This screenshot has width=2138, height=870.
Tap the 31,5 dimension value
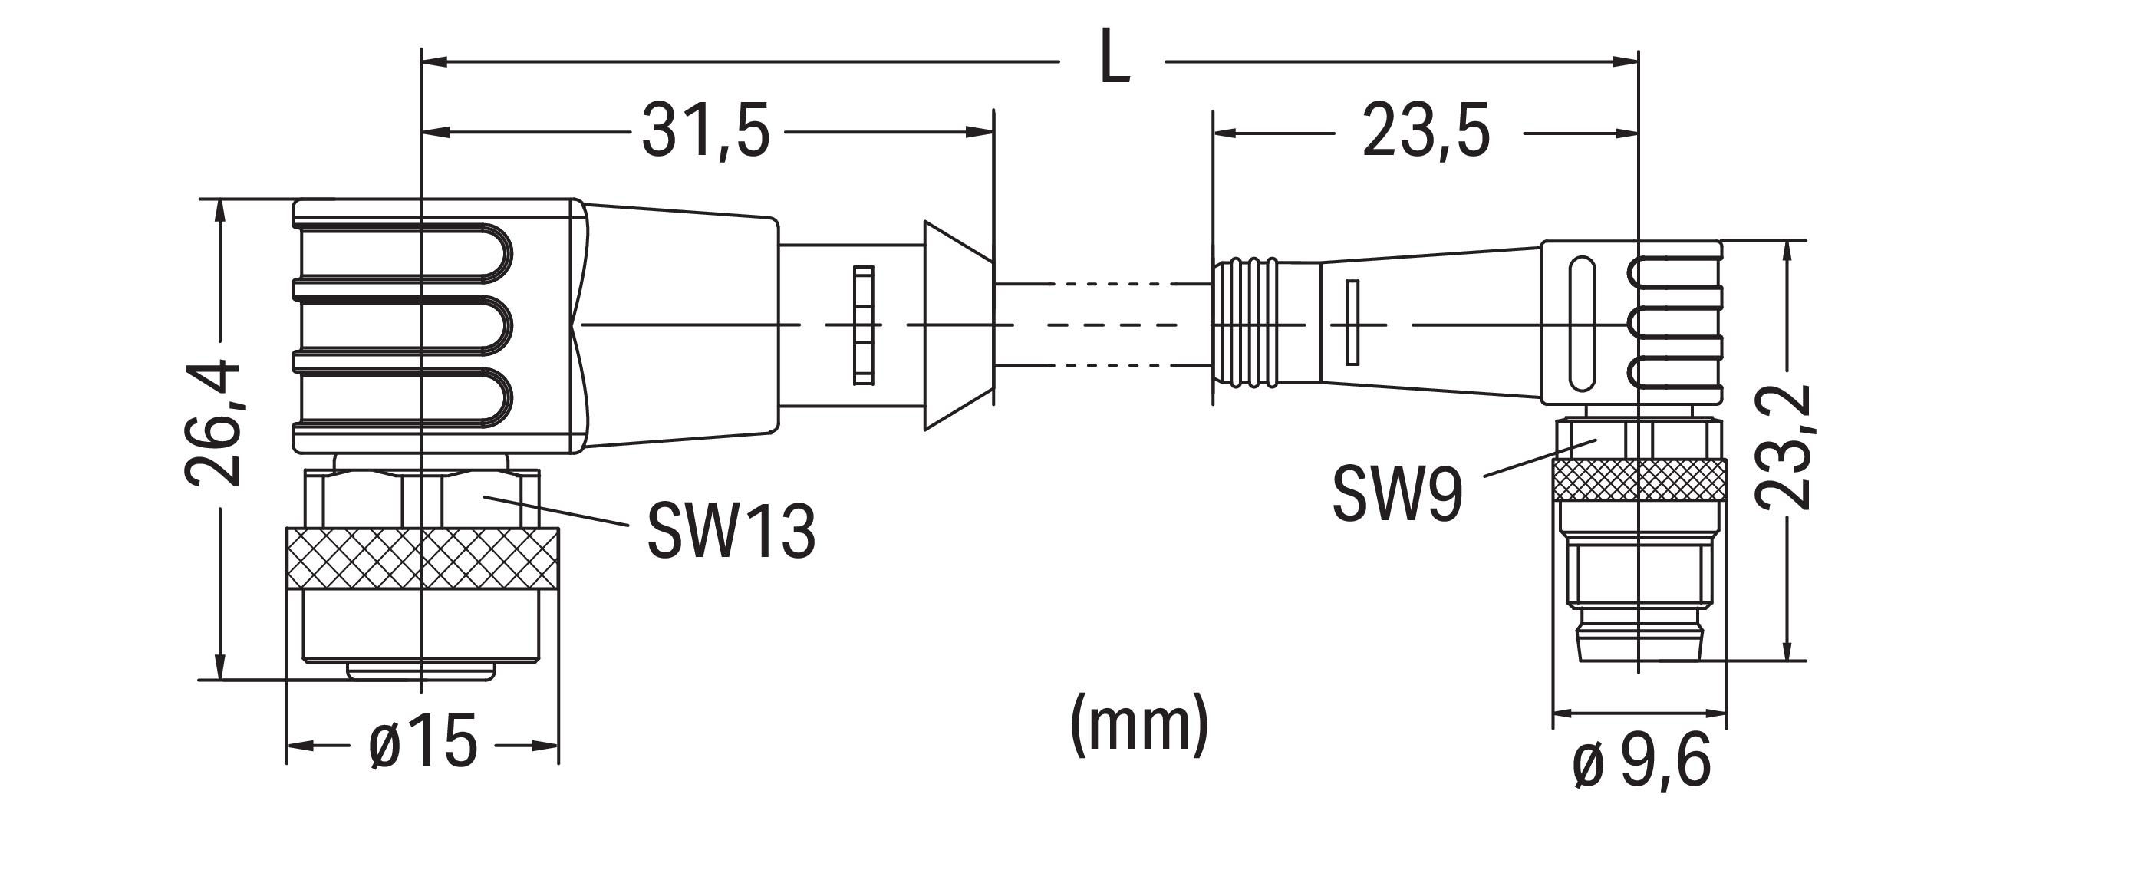pos(706,131)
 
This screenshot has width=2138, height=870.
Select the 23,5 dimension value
pos(1426,131)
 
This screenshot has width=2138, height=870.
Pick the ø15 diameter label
pos(423,741)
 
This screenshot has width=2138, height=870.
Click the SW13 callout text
pos(731,530)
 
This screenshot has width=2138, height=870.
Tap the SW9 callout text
pos(1397,494)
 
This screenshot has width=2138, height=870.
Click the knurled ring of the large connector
pos(422,558)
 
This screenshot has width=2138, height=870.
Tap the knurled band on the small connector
pos(1639,479)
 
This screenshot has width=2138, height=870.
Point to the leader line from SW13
pos(556,510)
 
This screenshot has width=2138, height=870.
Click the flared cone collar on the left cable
pos(958,325)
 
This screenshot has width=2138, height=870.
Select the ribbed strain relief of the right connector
pos(1244,323)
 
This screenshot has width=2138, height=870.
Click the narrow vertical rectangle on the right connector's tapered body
pos(1352,322)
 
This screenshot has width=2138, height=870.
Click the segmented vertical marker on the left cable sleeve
pos(863,325)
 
